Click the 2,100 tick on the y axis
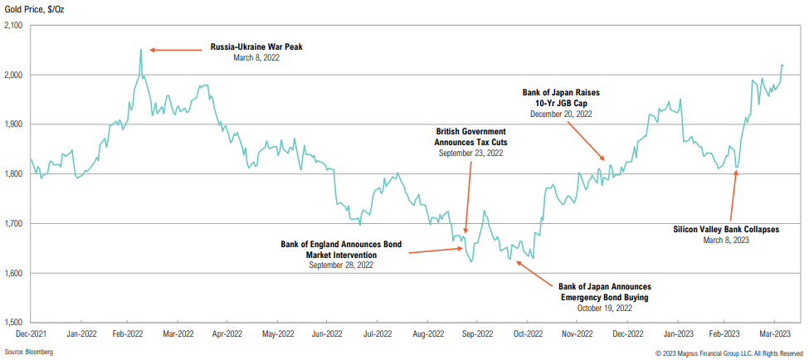click(13, 26)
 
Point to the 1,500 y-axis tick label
click(13, 323)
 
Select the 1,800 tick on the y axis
click(13, 174)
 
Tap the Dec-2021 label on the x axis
click(30, 333)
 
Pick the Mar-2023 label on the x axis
click(775, 333)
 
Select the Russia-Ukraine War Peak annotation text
click(256, 47)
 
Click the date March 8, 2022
click(256, 58)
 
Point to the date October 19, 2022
click(604, 308)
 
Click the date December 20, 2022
click(561, 114)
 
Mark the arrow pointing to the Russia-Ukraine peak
click(175, 50)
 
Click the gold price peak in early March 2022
click(140, 50)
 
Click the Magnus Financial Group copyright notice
click(729, 353)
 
